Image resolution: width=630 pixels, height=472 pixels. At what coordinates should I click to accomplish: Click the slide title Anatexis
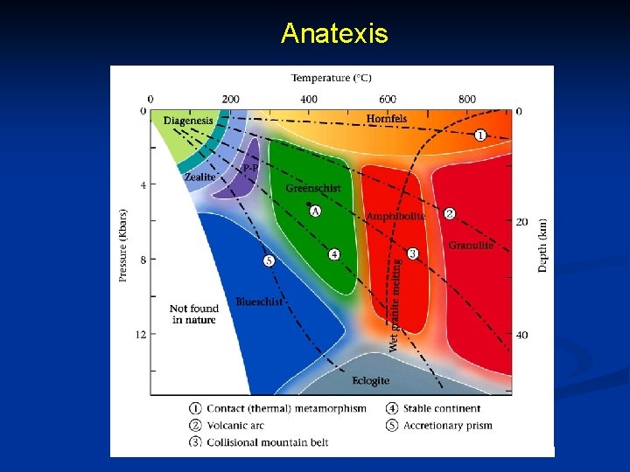tap(334, 34)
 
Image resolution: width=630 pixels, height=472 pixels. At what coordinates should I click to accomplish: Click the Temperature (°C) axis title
tap(332, 79)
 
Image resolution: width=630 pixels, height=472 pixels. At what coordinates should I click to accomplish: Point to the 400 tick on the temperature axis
tap(309, 99)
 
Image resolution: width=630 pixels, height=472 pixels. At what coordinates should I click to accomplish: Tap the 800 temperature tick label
tap(467, 99)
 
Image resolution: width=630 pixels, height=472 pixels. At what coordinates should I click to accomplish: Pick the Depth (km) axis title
tap(543, 246)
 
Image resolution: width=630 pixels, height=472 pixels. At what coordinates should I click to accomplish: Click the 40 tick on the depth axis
tap(521, 335)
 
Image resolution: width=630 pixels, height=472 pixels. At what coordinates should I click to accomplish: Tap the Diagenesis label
tap(187, 121)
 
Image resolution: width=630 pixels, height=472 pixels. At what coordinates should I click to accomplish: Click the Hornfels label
tap(386, 118)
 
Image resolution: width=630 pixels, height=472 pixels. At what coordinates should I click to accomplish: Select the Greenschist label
tap(313, 188)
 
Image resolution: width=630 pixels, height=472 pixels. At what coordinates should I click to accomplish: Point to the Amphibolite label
tap(395, 216)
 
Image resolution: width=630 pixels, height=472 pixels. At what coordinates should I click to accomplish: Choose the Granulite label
tap(471, 246)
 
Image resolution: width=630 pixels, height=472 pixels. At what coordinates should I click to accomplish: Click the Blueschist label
tap(259, 302)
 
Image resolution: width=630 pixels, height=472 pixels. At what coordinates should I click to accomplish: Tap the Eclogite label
tap(370, 381)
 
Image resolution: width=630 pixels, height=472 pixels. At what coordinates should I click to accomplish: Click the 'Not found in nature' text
tap(193, 314)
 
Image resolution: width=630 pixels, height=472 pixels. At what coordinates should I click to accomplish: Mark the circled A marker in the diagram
tap(315, 212)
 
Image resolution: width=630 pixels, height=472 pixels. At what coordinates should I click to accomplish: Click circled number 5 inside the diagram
tap(269, 260)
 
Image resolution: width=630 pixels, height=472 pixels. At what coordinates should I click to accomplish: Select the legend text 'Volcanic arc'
tap(235, 426)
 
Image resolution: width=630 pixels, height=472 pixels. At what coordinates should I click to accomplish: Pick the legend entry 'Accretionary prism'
tap(447, 426)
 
